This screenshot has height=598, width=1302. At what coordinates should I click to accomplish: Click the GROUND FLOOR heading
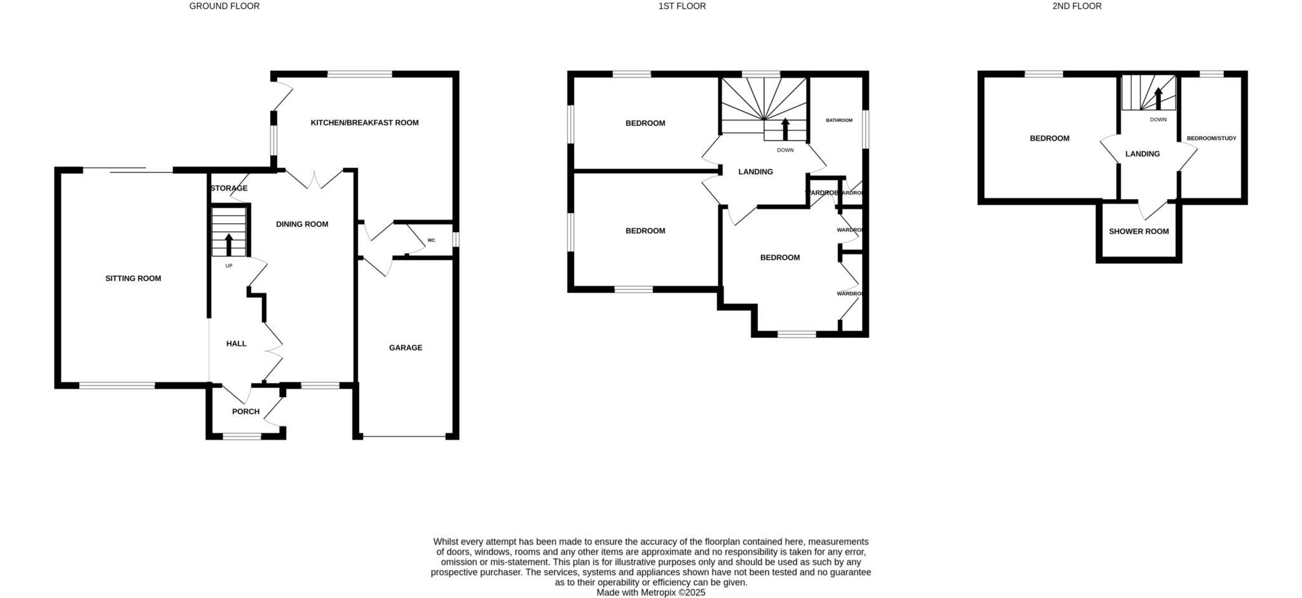click(224, 6)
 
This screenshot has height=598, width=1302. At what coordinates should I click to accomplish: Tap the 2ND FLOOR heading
click(1076, 6)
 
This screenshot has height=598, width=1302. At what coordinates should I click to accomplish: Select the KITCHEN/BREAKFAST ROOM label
click(364, 123)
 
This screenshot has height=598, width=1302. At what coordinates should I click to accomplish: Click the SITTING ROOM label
click(133, 279)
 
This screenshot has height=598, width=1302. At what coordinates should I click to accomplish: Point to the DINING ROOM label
click(302, 225)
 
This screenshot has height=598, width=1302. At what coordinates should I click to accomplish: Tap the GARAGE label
click(406, 348)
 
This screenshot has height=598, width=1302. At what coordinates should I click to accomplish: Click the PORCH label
click(245, 412)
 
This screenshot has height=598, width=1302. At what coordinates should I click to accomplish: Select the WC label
click(431, 240)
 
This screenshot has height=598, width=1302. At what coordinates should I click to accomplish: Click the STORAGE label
click(228, 189)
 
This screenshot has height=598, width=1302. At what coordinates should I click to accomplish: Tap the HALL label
click(236, 344)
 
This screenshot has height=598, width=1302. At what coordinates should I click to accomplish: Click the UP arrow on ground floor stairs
click(229, 244)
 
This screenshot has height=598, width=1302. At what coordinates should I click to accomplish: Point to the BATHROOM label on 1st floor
click(839, 120)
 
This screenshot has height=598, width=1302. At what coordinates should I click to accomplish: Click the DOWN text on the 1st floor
click(785, 151)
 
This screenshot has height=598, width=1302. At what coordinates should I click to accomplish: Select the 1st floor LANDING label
click(755, 172)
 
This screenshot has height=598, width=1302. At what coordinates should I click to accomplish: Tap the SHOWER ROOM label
click(1139, 232)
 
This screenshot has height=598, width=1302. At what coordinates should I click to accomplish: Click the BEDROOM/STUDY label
click(1211, 138)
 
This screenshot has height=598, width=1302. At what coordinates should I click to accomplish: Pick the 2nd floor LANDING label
click(1142, 154)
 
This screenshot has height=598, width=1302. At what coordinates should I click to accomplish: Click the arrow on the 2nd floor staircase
click(1158, 99)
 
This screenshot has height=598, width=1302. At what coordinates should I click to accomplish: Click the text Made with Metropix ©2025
click(650, 592)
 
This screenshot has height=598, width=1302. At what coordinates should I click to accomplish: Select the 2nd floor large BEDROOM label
click(1050, 139)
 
